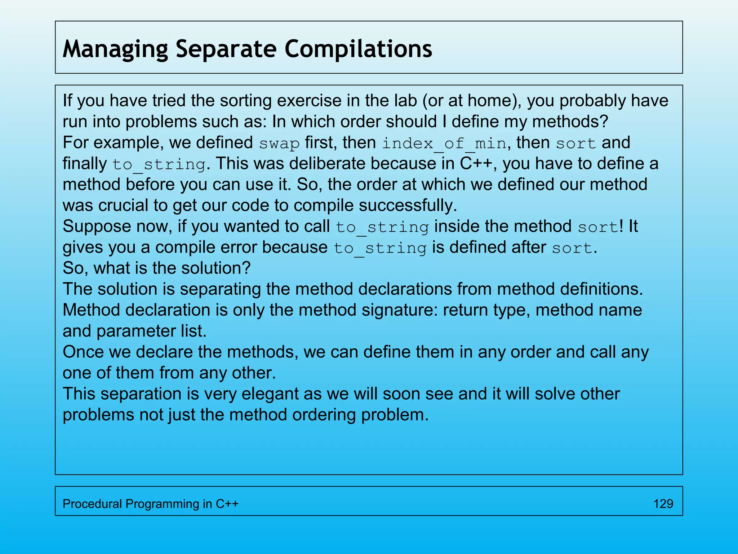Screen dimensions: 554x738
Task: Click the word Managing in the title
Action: tap(115, 49)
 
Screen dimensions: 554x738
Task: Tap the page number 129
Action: tap(663, 504)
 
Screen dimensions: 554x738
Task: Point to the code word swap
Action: tap(279, 143)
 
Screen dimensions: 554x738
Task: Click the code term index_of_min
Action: tap(444, 143)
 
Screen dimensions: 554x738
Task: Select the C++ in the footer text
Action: tap(227, 504)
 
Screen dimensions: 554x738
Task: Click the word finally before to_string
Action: tap(84, 164)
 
